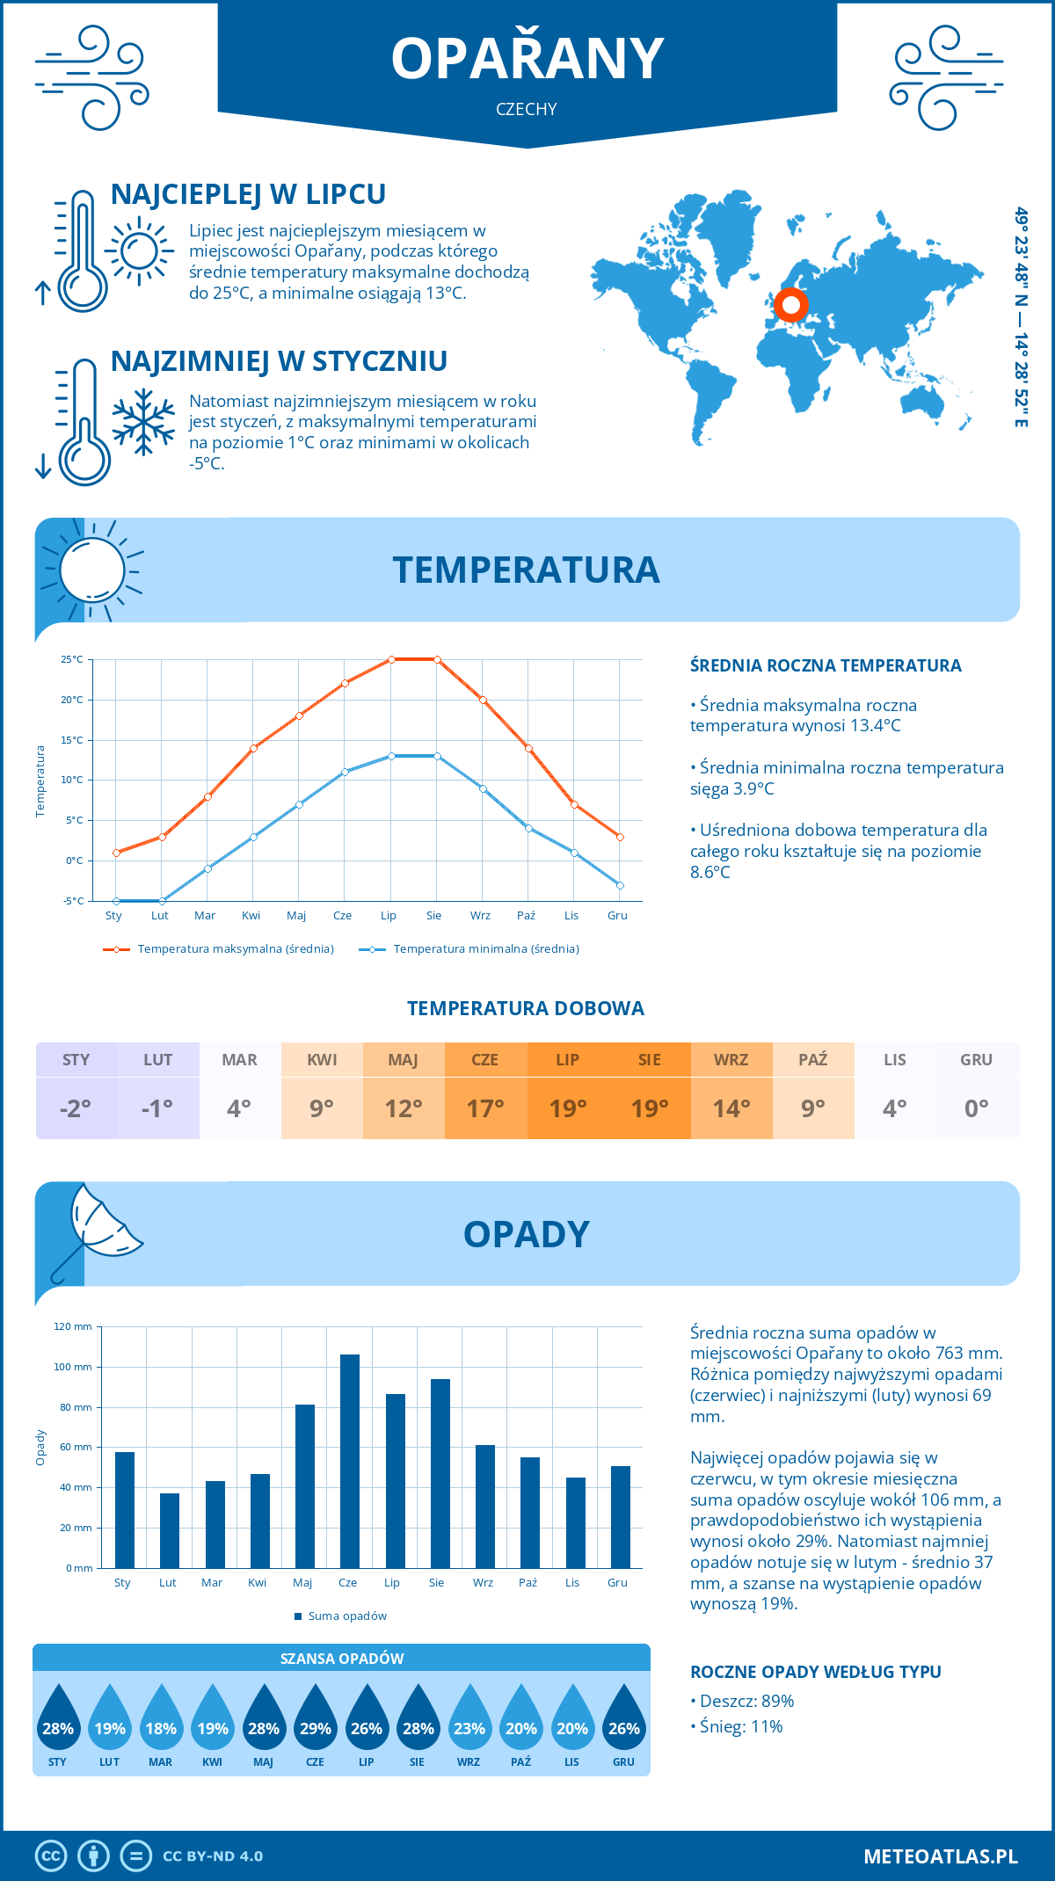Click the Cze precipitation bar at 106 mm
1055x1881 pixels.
pos(350,1461)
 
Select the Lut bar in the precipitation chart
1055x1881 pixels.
pos(170,1530)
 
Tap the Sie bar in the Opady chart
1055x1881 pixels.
pos(440,1473)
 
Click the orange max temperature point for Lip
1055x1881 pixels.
pos(391,659)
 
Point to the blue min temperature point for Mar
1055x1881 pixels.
pos(207,868)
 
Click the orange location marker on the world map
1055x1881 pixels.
pos(790,305)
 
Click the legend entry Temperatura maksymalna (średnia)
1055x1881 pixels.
pos(236,949)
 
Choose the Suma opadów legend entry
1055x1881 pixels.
pos(347,1616)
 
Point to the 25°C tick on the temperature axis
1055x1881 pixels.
pos(72,659)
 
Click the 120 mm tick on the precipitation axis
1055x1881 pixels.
pos(73,1326)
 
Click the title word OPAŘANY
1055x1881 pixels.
pos(527,59)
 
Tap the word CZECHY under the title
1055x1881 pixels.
pos(527,109)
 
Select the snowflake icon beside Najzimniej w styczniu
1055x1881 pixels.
pos(143,422)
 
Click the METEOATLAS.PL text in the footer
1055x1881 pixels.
pos(941,1856)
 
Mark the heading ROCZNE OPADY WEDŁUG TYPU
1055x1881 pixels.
pos(815,1672)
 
